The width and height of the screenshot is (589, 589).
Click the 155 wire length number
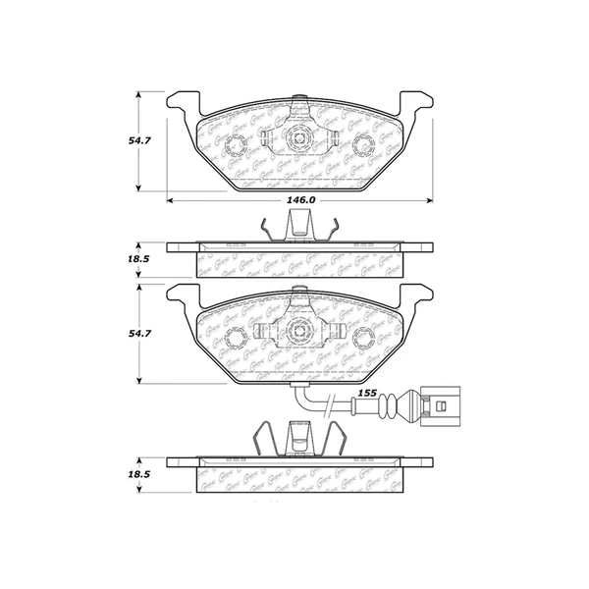coord(367,393)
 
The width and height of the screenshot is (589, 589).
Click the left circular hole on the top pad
coord(237,146)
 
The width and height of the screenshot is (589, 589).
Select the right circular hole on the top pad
coord(361,146)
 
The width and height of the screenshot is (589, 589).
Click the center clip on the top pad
coord(298,138)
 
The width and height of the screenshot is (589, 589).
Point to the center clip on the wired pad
coord(298,331)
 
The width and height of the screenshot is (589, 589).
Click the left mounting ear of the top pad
coord(183,102)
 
